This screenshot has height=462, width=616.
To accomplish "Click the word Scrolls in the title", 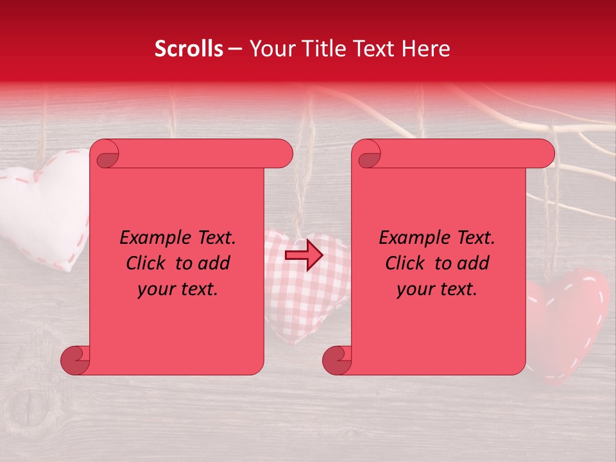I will pyautogui.click(x=189, y=49).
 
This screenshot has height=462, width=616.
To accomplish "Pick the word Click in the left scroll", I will pyautogui.click(x=147, y=263).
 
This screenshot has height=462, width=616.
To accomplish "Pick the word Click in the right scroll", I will pyautogui.click(x=406, y=263).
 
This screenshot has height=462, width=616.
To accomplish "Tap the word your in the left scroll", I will pyautogui.click(x=154, y=289).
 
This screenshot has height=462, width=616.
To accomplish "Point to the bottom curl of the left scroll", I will pyautogui.click(x=76, y=360).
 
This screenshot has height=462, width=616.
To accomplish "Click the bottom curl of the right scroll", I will pyautogui.click(x=337, y=360).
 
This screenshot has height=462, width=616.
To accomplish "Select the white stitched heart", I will pyautogui.click(x=45, y=205).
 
